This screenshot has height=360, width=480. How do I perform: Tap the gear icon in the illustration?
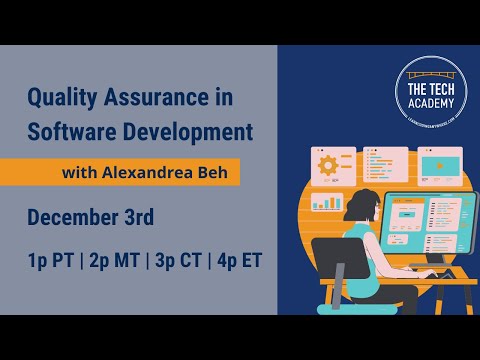pos(326,164)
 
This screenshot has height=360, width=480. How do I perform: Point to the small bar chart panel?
pos(327,202)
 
